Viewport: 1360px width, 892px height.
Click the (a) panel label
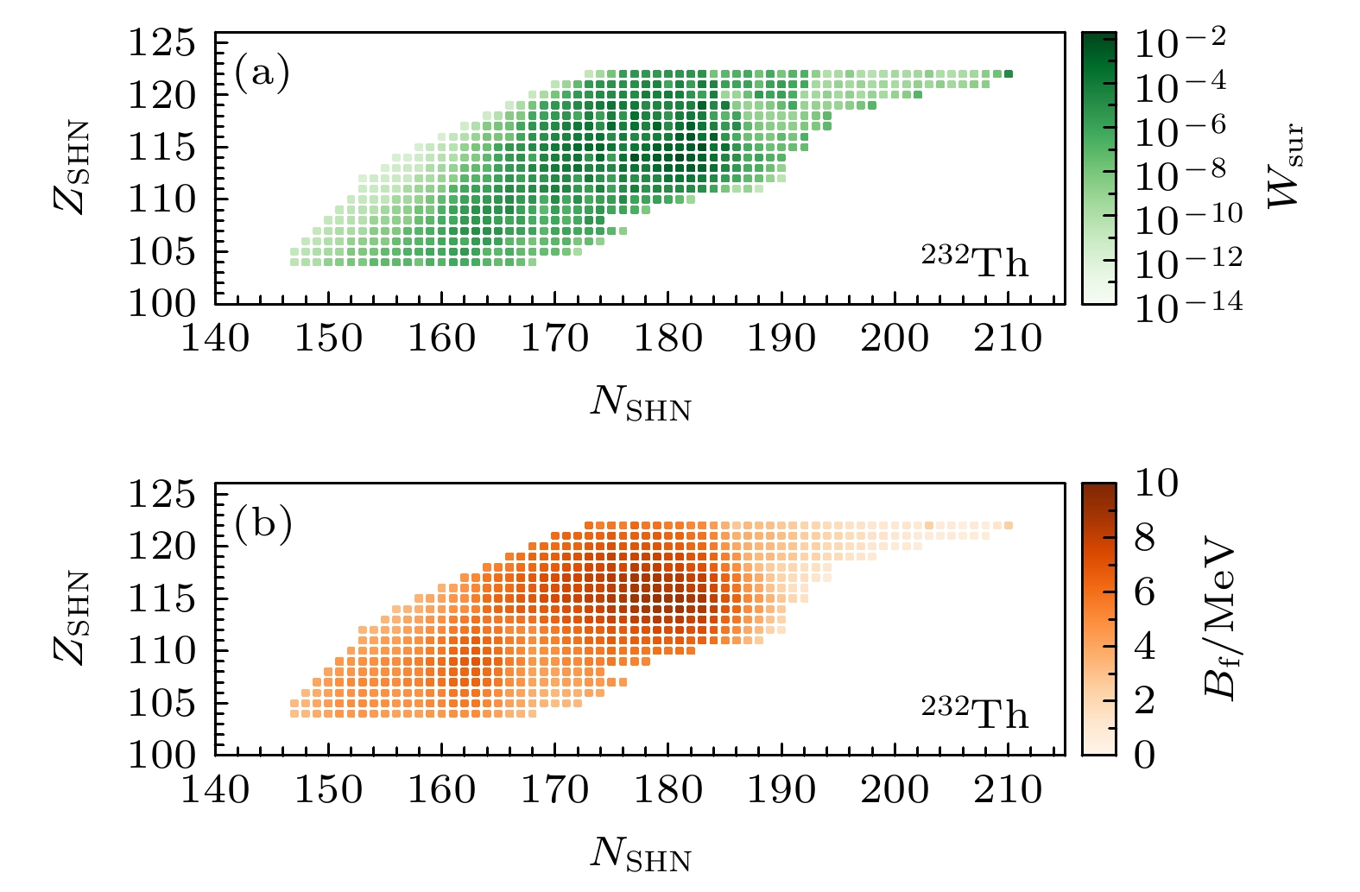point(262,74)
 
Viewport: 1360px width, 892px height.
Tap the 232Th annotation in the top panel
point(975,260)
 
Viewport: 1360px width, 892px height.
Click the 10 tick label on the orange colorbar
point(1155,484)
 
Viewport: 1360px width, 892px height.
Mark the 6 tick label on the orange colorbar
point(1144,593)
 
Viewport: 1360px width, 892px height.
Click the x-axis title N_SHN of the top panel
point(641,402)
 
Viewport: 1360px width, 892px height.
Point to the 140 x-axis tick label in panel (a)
point(215,338)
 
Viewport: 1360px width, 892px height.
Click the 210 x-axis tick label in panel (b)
point(1008,789)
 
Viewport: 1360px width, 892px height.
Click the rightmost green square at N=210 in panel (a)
point(1008,73)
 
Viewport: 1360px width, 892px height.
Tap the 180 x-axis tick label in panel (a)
point(668,338)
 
